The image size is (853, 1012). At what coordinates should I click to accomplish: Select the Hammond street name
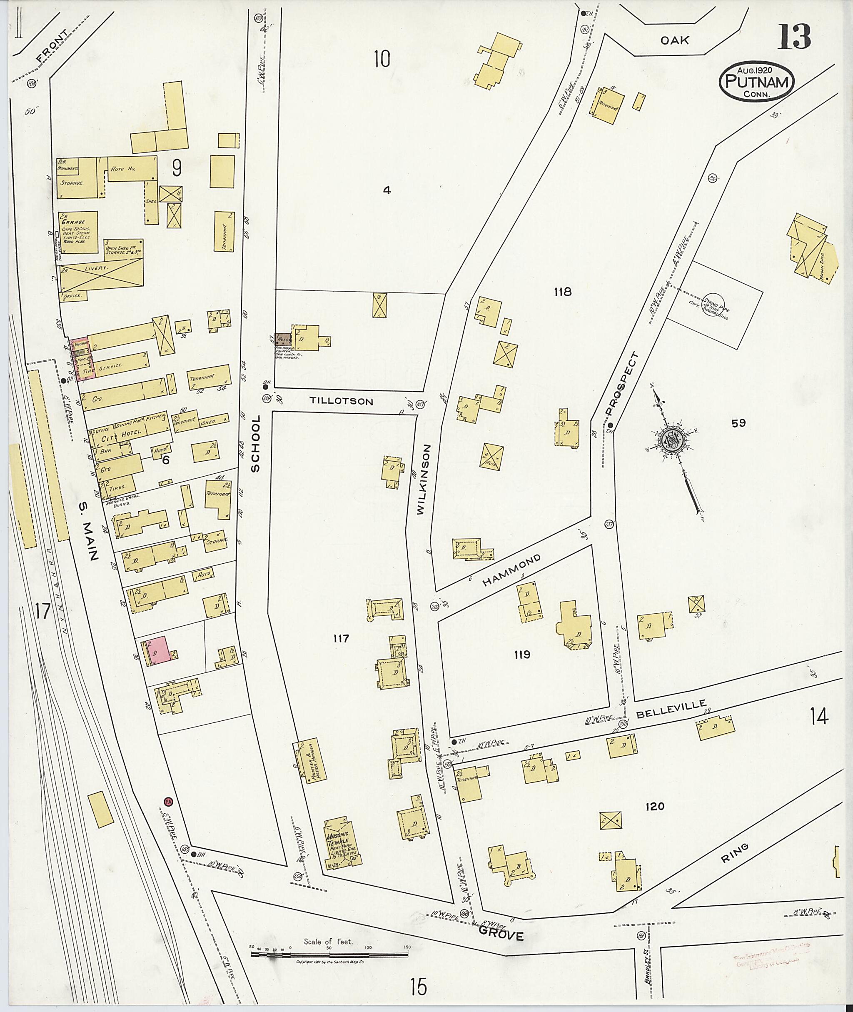coord(511,571)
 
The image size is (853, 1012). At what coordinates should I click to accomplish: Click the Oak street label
coord(675,41)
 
